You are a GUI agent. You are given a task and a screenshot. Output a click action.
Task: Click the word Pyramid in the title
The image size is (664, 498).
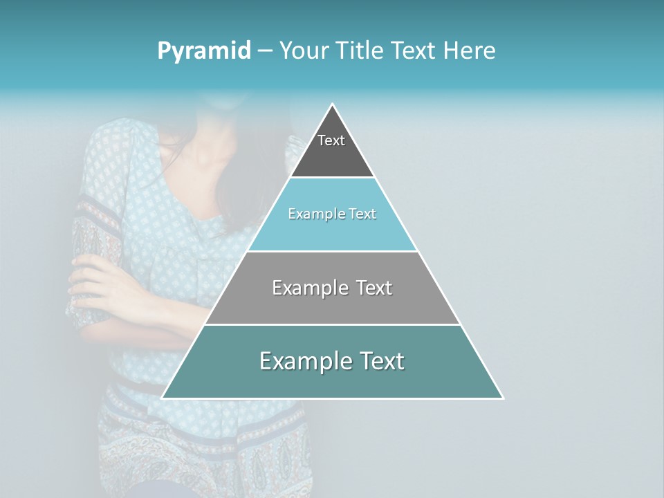(204, 51)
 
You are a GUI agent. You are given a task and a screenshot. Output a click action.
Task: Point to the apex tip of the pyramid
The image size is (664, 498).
(333, 105)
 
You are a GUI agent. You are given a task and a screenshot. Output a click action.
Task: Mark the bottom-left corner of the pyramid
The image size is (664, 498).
(163, 398)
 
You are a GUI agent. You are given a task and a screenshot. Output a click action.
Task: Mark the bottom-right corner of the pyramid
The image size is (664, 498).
(502, 398)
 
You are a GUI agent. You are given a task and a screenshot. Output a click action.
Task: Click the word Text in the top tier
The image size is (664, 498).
(331, 140)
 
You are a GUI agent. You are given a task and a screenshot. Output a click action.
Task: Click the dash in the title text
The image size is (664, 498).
(265, 51)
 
